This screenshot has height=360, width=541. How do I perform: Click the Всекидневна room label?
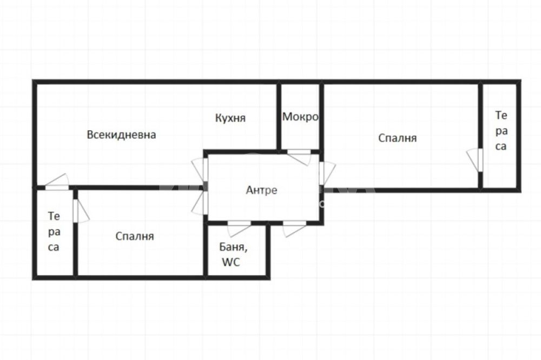(121, 135)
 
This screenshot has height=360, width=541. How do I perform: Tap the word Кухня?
(230, 118)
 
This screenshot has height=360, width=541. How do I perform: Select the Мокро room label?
(300, 117)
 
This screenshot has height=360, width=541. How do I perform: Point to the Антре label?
(261, 190)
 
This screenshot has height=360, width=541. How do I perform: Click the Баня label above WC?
(233, 247)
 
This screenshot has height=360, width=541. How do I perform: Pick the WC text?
(231, 262)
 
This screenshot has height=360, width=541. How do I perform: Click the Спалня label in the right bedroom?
(398, 138)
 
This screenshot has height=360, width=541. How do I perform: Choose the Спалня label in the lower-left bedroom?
(135, 236)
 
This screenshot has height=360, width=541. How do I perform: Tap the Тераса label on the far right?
(501, 131)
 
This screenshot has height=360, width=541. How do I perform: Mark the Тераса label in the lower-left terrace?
(54, 232)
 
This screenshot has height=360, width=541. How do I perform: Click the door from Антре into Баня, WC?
(239, 229)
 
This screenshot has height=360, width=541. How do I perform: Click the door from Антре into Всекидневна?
(200, 169)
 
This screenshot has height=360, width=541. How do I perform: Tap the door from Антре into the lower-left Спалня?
(200, 203)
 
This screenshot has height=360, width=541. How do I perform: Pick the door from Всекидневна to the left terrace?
(57, 182)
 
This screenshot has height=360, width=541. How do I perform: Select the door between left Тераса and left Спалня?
(81, 211)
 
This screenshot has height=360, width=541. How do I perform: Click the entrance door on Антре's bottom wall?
(294, 229)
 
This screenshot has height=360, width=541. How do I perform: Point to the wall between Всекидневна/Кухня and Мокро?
(279, 117)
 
